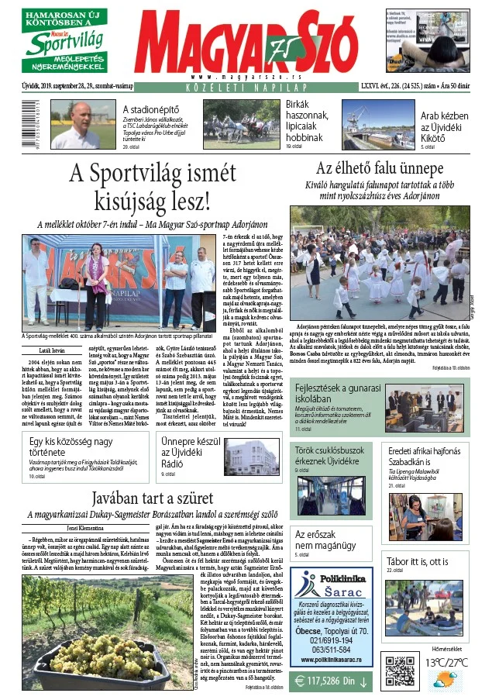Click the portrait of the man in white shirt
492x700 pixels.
click(x=79, y=124)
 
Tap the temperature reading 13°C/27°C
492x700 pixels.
click(x=447, y=663)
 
